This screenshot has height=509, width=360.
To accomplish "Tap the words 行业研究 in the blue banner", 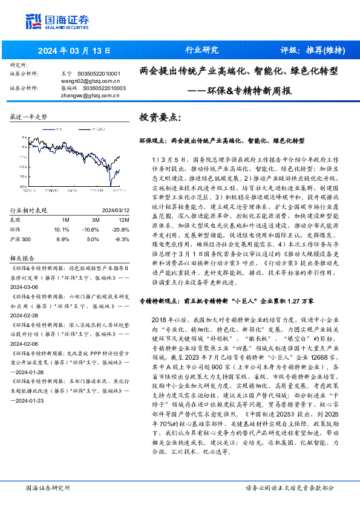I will click(201, 50).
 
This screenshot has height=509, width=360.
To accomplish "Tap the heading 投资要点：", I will click(159, 117).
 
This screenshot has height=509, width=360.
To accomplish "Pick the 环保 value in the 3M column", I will click(91, 230).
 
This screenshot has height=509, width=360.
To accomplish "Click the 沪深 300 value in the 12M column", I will click(119, 240).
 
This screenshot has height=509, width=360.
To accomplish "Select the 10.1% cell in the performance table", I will click(62, 230).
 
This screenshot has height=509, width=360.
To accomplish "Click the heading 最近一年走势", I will click(28, 117).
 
